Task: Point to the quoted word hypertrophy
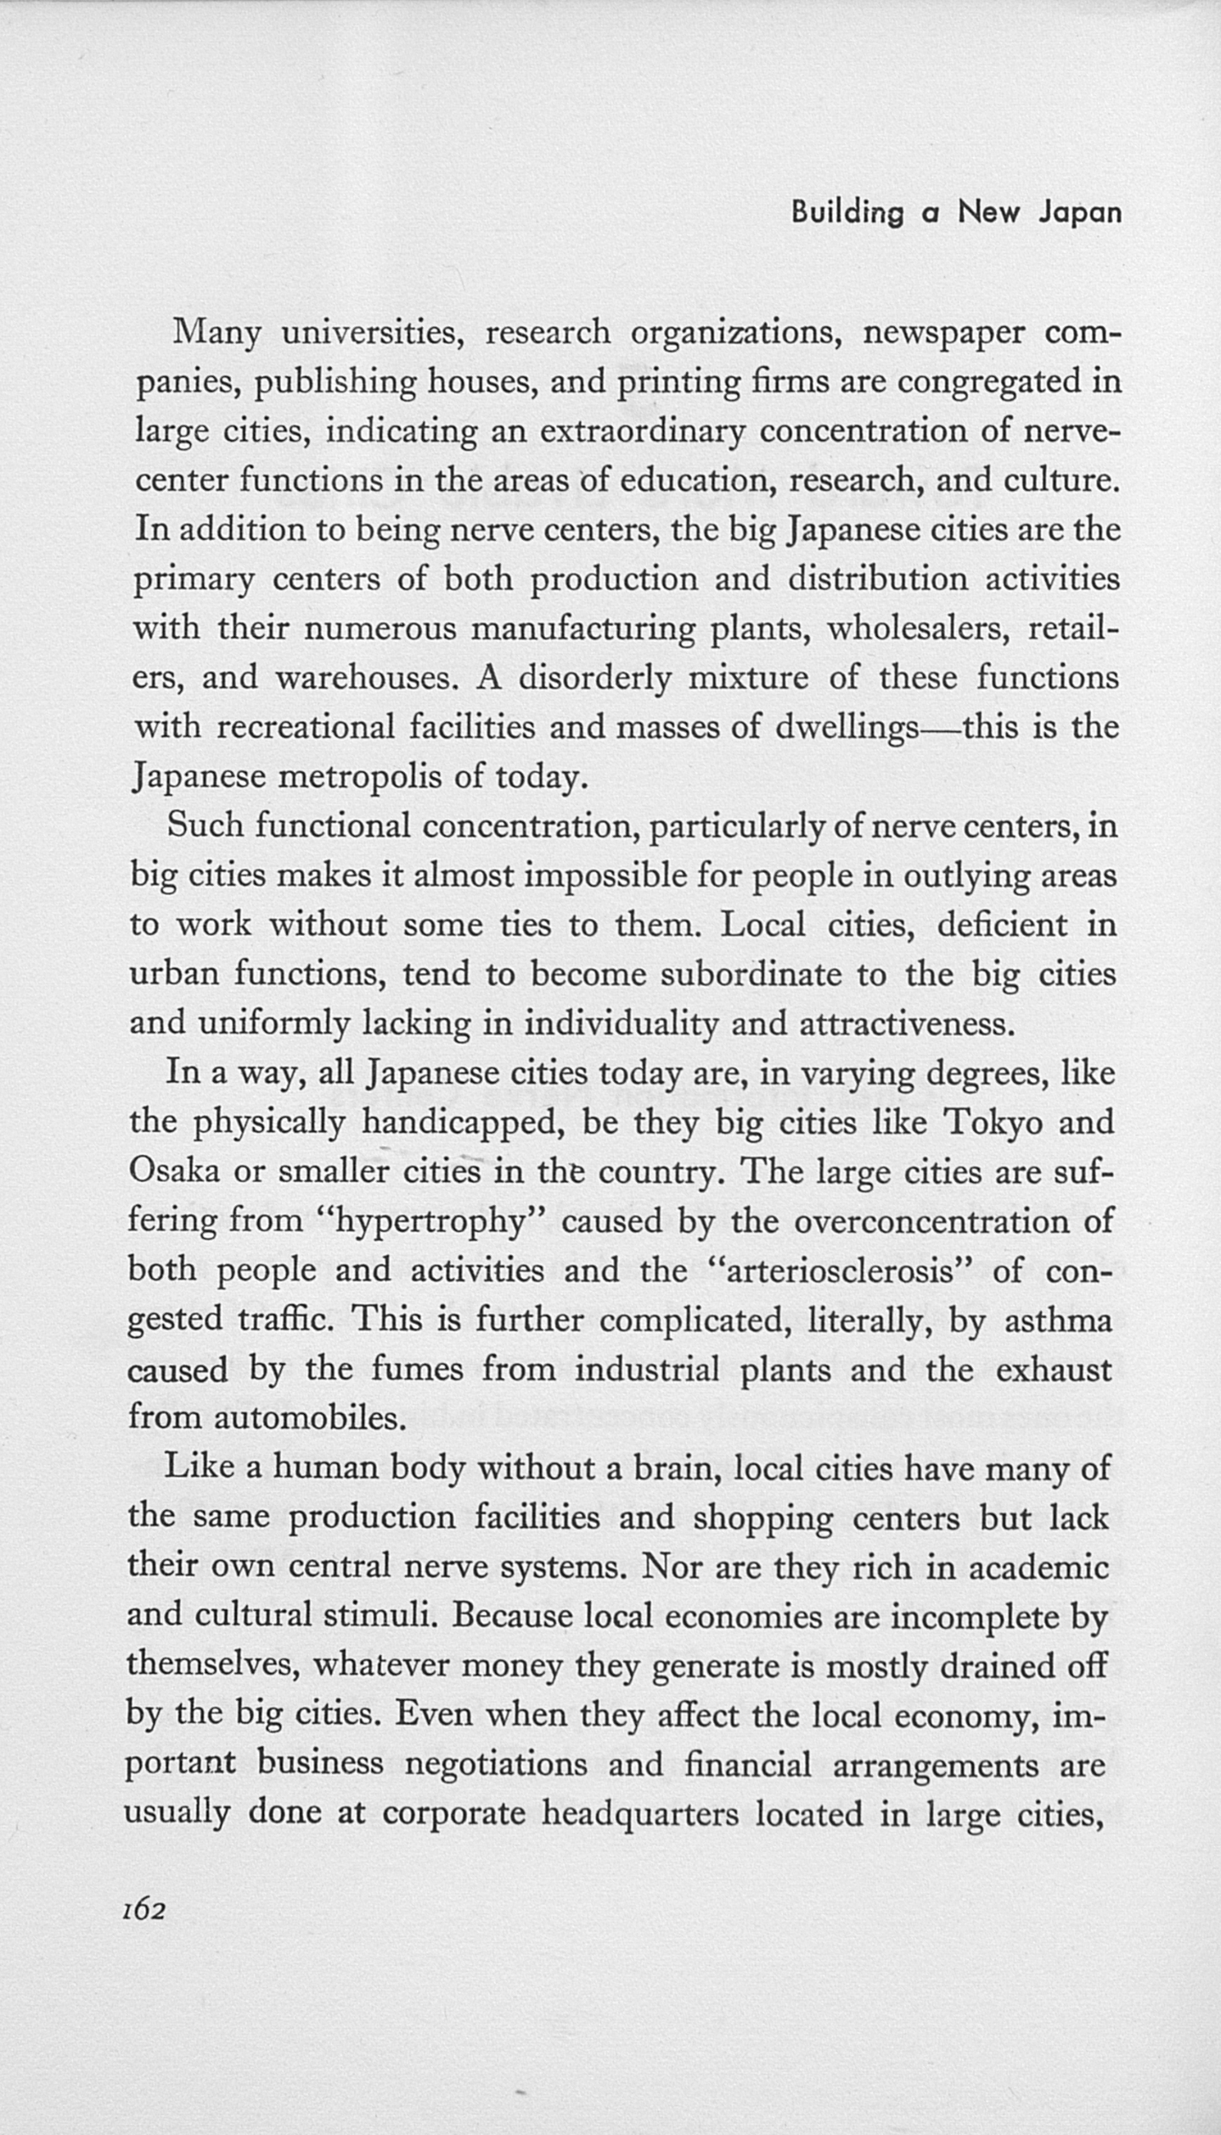pyautogui.click(x=433, y=1223)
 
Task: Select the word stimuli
pyautogui.click(x=381, y=1615)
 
